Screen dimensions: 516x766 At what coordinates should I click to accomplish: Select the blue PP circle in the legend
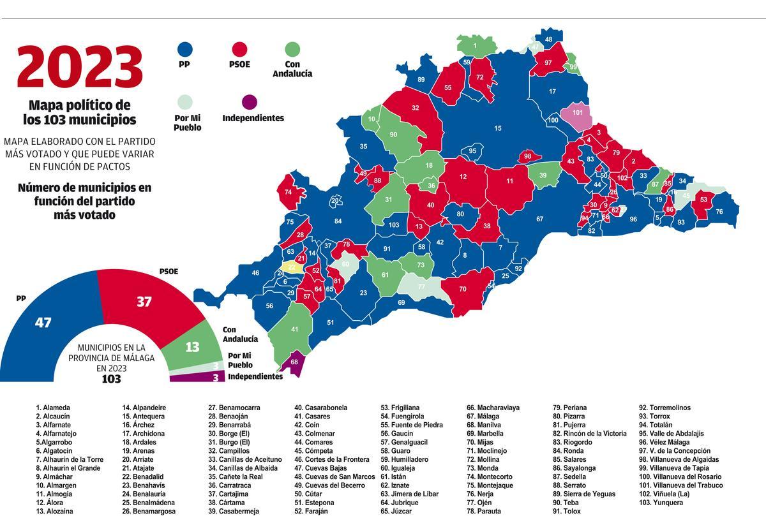(184, 50)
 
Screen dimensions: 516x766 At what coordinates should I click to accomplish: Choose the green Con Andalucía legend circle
(292, 50)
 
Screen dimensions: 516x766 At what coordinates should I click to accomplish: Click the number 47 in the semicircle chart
(43, 322)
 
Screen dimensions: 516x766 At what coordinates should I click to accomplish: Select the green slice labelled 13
(192, 347)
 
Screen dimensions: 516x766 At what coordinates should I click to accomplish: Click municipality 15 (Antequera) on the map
(498, 128)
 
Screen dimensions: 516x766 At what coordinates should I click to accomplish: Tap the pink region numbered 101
(578, 114)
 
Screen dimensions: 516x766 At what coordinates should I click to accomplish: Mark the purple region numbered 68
(294, 362)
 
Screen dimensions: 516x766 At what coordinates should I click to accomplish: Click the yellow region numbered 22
(292, 267)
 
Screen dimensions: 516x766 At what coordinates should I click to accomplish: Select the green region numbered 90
(393, 135)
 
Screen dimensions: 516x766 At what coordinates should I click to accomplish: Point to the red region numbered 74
(288, 192)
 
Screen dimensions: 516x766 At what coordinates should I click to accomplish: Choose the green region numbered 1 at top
(474, 46)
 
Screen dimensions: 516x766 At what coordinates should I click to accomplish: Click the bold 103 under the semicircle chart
(111, 379)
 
